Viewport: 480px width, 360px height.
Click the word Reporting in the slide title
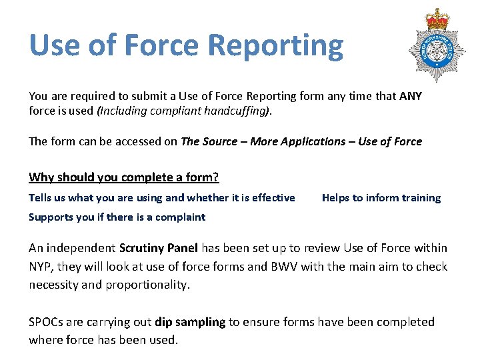[275, 47]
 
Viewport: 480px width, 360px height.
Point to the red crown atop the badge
[437, 18]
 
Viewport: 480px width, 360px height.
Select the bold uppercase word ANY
[411, 96]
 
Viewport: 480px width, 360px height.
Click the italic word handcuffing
[239, 111]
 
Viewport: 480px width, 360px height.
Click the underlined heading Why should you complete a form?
[124, 177]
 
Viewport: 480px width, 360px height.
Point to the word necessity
[55, 285]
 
